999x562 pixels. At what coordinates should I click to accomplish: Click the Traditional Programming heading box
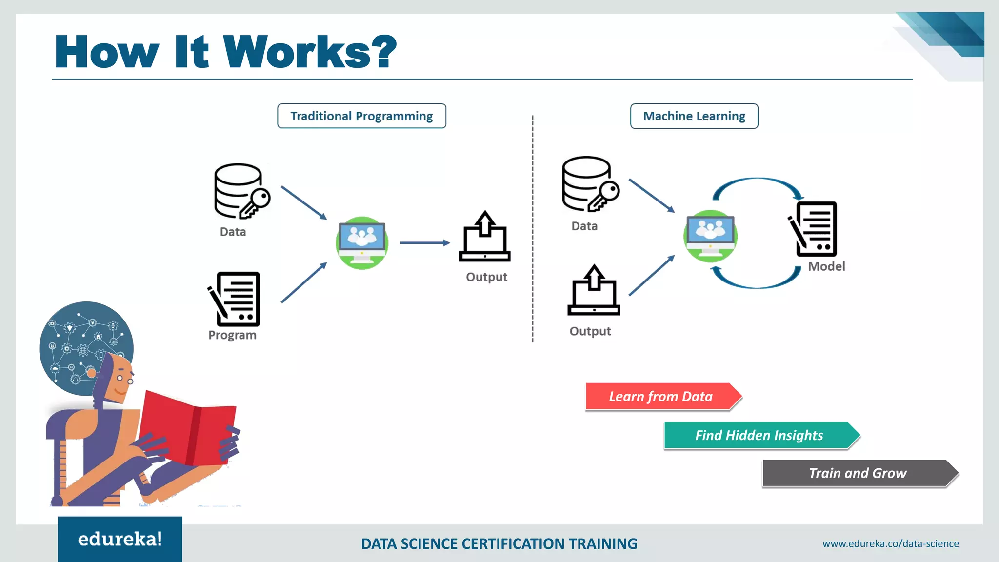click(361, 116)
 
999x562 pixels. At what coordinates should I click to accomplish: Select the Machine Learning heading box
click(694, 116)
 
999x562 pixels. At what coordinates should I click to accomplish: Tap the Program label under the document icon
click(232, 335)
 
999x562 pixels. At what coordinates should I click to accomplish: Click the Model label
click(826, 266)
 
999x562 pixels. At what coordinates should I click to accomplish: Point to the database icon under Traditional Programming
click(241, 191)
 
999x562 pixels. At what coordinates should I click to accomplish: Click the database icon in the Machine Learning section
click(589, 184)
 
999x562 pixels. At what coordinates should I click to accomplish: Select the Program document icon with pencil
click(235, 299)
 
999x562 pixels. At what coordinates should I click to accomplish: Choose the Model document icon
click(813, 229)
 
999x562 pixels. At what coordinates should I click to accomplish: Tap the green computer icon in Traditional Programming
click(362, 242)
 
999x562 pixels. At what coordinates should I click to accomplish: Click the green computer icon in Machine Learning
click(710, 236)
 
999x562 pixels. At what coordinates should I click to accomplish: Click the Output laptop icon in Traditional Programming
click(484, 238)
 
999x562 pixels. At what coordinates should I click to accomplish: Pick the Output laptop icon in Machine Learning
click(594, 291)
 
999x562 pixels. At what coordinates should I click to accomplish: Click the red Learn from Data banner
click(661, 396)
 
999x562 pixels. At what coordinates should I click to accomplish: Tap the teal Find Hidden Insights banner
click(759, 435)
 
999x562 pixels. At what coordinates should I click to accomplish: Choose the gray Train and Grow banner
click(858, 473)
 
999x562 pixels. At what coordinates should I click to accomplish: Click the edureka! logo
click(120, 539)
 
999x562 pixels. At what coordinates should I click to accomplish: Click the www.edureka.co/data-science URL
click(890, 543)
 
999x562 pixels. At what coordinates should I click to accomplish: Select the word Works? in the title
click(310, 52)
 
